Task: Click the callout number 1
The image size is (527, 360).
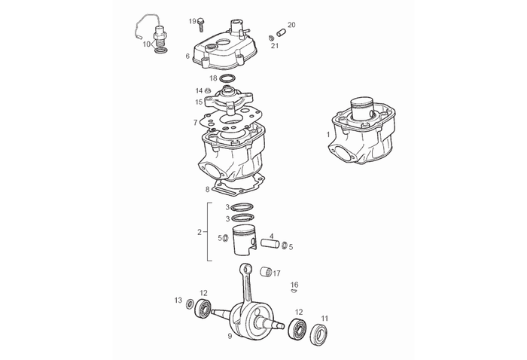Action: tap(328, 134)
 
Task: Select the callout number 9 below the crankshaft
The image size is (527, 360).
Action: tap(230, 336)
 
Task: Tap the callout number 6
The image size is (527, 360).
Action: tap(187, 56)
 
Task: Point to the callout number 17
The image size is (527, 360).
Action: tap(277, 273)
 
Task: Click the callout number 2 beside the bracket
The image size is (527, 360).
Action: tap(200, 232)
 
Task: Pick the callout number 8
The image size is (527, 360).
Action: tap(207, 189)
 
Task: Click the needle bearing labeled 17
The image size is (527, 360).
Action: tap(266, 272)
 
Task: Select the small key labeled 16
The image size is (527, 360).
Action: tap(294, 291)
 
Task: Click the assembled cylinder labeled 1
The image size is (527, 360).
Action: tap(361, 136)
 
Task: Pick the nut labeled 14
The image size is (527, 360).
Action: tap(209, 91)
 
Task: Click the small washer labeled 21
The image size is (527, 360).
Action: tap(271, 38)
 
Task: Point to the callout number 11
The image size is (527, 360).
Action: tap(324, 318)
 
